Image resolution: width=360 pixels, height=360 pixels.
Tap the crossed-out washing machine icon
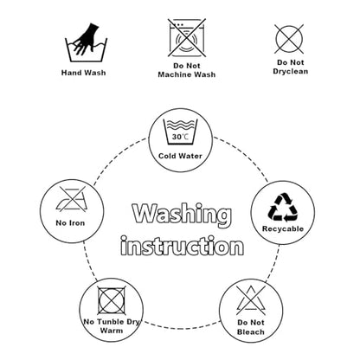(187, 38)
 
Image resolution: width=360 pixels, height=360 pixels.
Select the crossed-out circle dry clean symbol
(289, 39)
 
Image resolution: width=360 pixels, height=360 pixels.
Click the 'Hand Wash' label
(83, 73)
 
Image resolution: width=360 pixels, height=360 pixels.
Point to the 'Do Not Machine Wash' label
(187, 70)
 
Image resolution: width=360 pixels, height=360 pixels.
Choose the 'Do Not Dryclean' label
(291, 67)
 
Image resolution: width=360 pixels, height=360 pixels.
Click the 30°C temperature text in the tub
(180, 137)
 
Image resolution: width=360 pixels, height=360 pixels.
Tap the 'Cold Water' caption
(180, 156)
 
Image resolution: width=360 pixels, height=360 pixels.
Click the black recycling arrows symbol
(283, 208)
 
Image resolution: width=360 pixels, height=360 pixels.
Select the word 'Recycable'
(283, 229)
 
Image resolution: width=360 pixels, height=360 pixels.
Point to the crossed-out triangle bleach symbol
(251, 300)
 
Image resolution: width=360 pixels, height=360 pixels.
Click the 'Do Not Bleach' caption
(251, 327)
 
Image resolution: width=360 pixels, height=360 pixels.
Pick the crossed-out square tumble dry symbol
(112, 300)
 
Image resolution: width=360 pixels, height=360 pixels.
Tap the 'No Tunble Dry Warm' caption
(112, 326)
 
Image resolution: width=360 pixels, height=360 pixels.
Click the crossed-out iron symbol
(71, 199)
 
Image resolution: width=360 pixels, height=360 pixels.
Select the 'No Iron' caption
(70, 223)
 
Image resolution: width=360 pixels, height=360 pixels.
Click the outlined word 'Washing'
(182, 215)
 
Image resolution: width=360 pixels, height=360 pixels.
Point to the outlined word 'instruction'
(182, 246)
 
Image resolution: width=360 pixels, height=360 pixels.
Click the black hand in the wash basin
(86, 39)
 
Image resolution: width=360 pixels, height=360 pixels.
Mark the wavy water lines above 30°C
(180, 125)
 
